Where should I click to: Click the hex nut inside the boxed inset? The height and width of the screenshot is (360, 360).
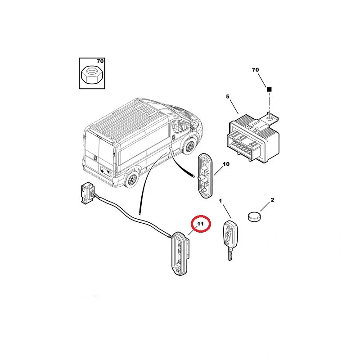(x=92, y=75)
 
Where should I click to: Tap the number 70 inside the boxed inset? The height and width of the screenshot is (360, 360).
(x=100, y=61)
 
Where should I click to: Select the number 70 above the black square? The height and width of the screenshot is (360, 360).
(x=255, y=70)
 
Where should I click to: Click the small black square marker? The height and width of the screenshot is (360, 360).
(x=269, y=89)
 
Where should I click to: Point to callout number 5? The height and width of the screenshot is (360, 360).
(x=228, y=97)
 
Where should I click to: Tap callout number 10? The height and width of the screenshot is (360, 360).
(x=226, y=164)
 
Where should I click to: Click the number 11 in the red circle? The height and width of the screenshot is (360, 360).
(x=200, y=224)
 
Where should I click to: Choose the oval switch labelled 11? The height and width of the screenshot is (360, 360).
(x=181, y=253)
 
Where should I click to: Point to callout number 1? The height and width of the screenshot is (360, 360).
(x=220, y=201)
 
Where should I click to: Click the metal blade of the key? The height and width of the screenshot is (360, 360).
(x=230, y=254)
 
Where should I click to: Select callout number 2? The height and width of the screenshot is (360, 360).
(x=272, y=200)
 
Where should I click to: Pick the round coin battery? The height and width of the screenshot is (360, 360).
(x=255, y=216)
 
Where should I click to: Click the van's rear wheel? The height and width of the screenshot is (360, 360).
(x=131, y=179)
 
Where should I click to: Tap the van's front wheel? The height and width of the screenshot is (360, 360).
(x=189, y=146)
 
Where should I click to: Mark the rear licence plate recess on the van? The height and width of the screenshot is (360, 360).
(x=105, y=171)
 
